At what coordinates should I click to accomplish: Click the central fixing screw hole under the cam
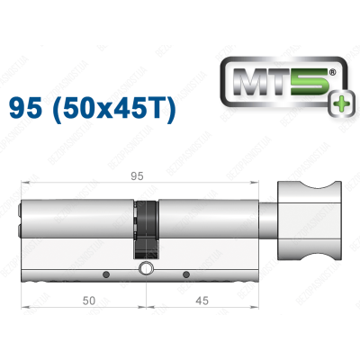click(x=144, y=267)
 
